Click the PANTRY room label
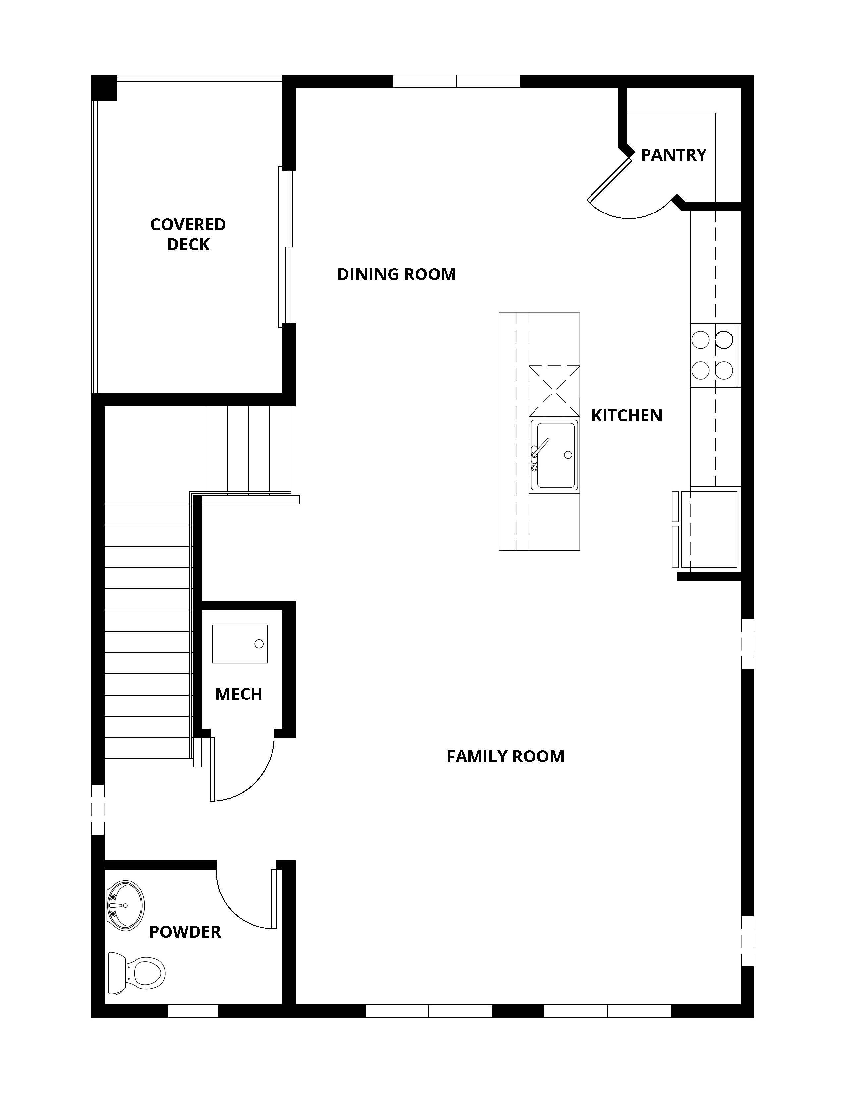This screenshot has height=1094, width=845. (x=673, y=155)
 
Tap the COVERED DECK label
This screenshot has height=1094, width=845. (x=188, y=234)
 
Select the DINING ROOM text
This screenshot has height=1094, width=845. (x=396, y=274)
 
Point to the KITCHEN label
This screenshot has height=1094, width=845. (x=627, y=416)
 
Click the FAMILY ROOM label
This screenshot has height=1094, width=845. (x=506, y=757)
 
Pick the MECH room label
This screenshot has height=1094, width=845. (x=239, y=694)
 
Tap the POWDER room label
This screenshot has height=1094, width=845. (x=185, y=932)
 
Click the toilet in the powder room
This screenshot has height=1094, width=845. (x=137, y=973)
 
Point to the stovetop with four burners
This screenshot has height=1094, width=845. (x=714, y=355)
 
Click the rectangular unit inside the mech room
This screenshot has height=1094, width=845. (x=240, y=644)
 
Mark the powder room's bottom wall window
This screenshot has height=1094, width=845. (x=193, y=1011)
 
